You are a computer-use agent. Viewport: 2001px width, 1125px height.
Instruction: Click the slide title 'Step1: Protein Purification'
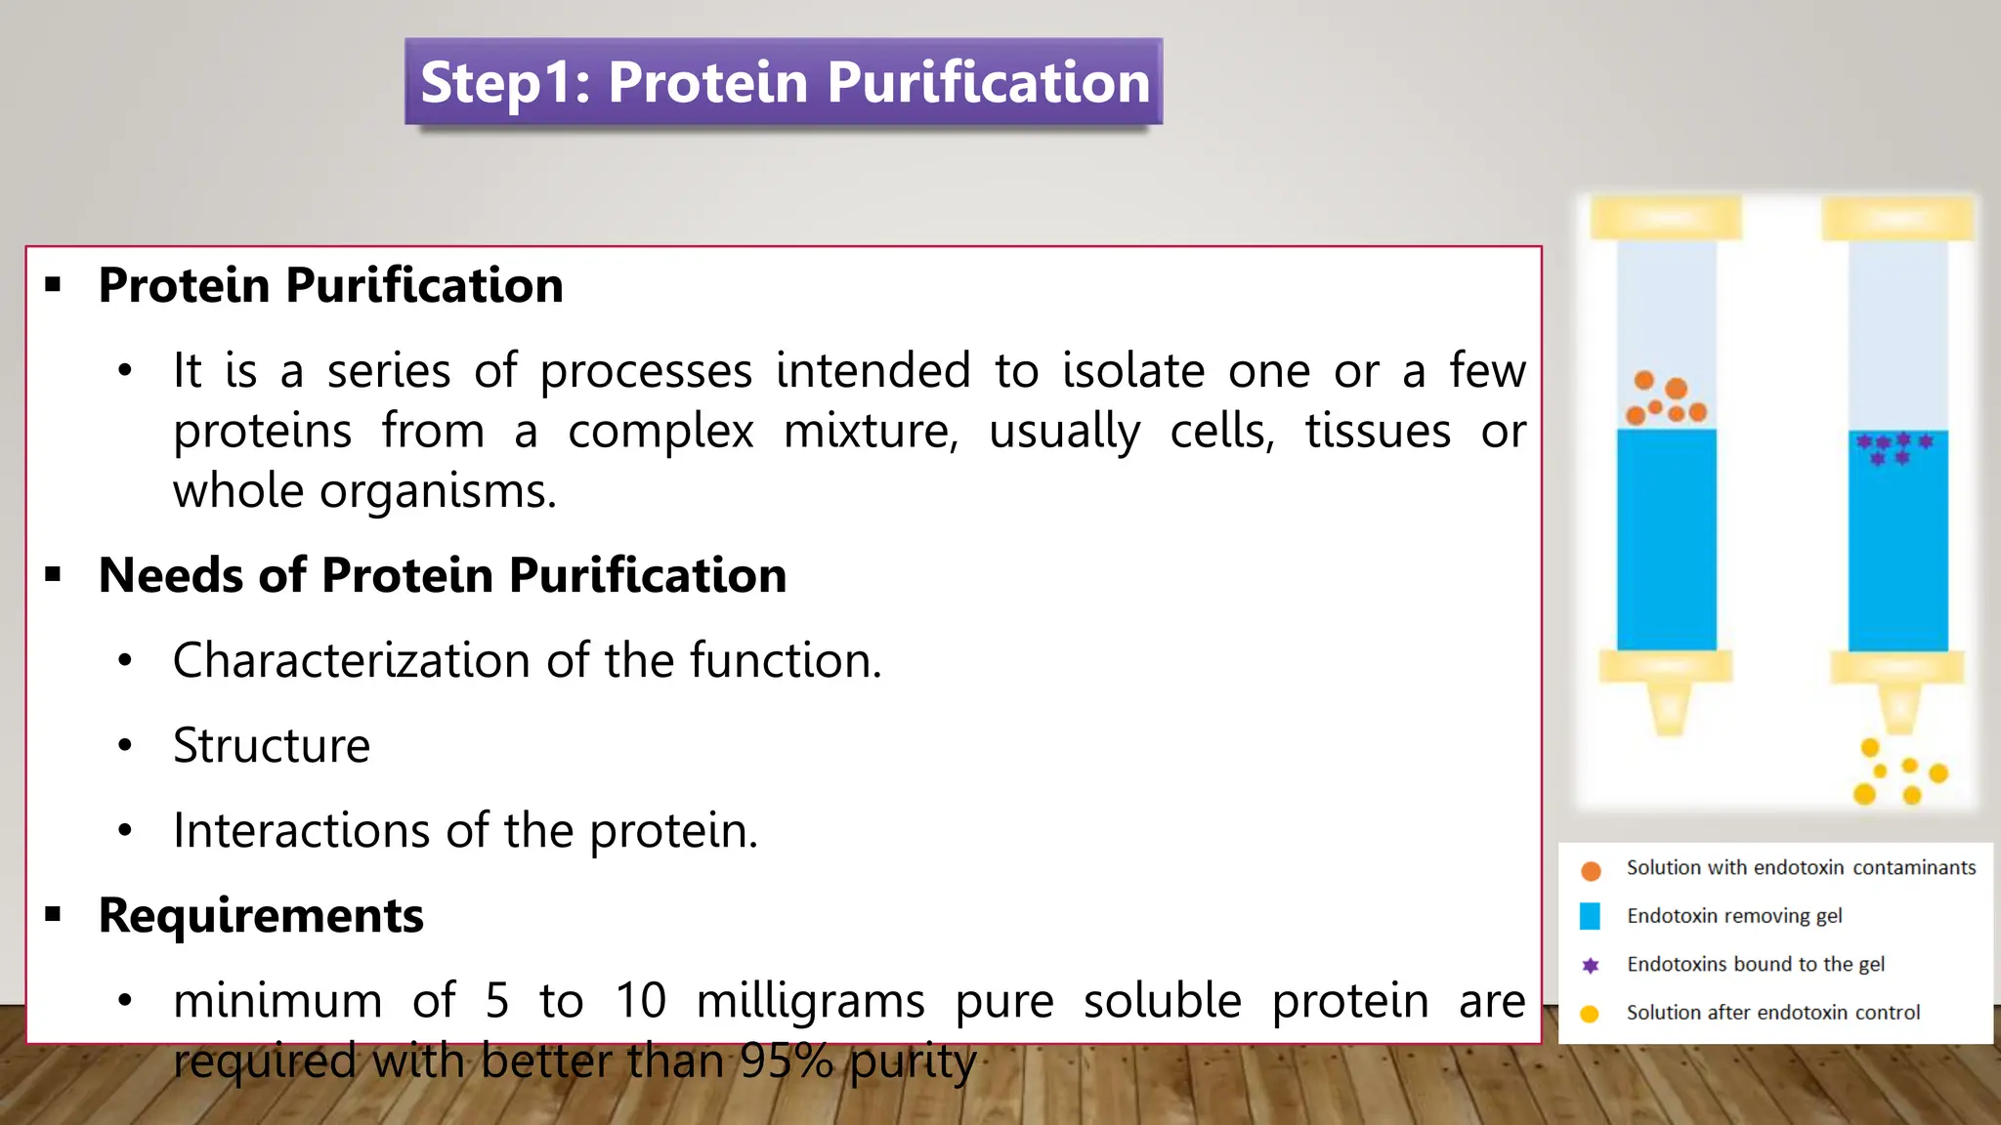[784, 82]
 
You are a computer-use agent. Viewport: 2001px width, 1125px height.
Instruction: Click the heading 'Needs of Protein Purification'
[442, 574]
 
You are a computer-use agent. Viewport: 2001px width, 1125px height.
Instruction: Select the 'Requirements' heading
[261, 915]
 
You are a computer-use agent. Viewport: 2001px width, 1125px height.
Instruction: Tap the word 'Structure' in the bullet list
[272, 745]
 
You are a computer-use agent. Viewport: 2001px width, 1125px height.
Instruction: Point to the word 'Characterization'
[352, 660]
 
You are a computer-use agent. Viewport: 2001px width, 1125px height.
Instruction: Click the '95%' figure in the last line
[786, 1061]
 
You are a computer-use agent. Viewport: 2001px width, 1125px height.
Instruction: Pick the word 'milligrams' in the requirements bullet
[810, 1001]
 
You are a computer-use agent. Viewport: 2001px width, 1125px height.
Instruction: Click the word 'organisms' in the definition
[430, 491]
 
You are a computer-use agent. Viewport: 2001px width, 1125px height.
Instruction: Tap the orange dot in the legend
[1591, 870]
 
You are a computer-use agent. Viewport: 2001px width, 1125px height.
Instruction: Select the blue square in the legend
[1590, 916]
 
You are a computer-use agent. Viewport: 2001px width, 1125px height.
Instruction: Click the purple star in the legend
[1591, 965]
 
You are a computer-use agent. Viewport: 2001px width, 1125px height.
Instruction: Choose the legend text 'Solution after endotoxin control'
[1772, 1013]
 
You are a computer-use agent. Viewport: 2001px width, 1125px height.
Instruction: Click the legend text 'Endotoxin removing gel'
[1733, 916]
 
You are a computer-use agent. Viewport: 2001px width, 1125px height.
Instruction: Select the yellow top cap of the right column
[1896, 219]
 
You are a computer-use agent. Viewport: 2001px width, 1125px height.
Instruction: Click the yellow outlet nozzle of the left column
[1669, 708]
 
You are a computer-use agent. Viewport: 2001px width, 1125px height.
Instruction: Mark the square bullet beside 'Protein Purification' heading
[54, 285]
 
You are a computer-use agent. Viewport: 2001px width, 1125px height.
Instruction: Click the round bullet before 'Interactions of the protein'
[125, 831]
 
